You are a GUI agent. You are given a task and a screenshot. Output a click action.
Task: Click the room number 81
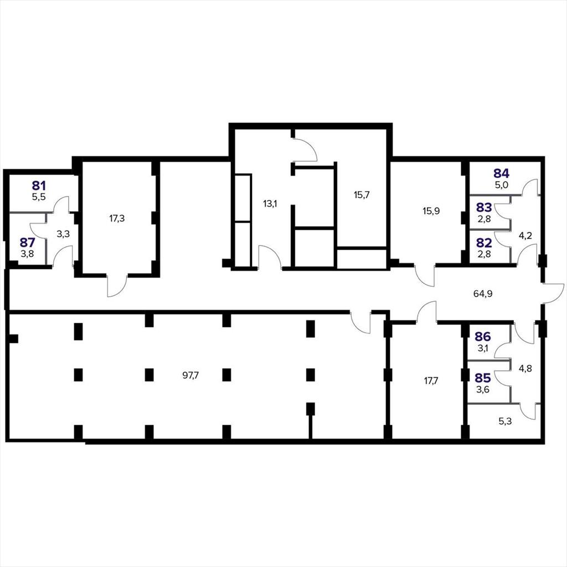[39, 186]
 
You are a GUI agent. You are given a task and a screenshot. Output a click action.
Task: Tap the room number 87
[28, 242]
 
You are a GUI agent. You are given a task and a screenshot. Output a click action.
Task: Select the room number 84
[502, 173]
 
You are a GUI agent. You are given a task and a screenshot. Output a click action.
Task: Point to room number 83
[484, 208]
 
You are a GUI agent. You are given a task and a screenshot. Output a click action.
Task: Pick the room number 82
[484, 243]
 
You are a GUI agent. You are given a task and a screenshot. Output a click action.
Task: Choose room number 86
[483, 337]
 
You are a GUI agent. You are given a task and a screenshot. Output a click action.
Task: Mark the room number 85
[483, 378]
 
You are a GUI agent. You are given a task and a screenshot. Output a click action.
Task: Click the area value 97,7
[190, 375]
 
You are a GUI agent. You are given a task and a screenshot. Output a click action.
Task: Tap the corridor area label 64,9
[483, 293]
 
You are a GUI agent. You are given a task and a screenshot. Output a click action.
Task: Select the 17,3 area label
[117, 218]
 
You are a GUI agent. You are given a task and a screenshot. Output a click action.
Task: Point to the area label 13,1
[270, 204]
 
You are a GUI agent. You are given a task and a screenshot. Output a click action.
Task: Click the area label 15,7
[362, 195]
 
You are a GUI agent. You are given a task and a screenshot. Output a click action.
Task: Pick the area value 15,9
[431, 211]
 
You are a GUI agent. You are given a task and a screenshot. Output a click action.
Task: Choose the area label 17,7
[431, 380]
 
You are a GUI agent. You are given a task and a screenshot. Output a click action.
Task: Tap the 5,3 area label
[505, 421]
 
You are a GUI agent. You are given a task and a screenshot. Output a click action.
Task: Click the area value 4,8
[525, 368]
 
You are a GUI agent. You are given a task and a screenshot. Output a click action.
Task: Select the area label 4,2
[525, 236]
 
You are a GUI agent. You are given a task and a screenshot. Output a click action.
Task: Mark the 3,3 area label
[63, 234]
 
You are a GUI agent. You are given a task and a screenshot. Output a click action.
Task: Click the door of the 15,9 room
[425, 276]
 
